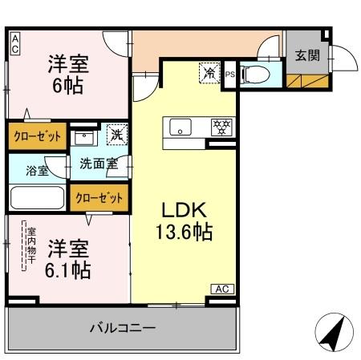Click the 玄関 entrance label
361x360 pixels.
306,55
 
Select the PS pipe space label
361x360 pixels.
229,75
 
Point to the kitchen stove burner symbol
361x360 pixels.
219,126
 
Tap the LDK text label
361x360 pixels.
185,211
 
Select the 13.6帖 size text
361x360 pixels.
184,233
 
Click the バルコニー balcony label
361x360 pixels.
122,328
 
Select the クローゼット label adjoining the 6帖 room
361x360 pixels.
37,136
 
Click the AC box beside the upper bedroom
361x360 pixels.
14,43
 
